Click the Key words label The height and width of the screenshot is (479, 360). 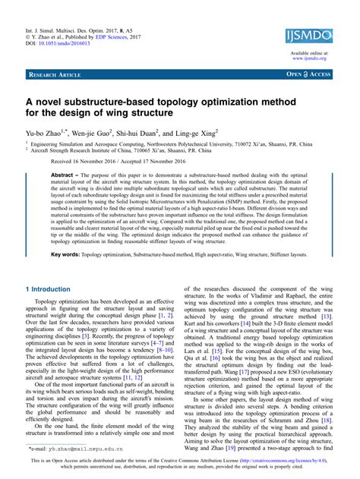click(x=65, y=254)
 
